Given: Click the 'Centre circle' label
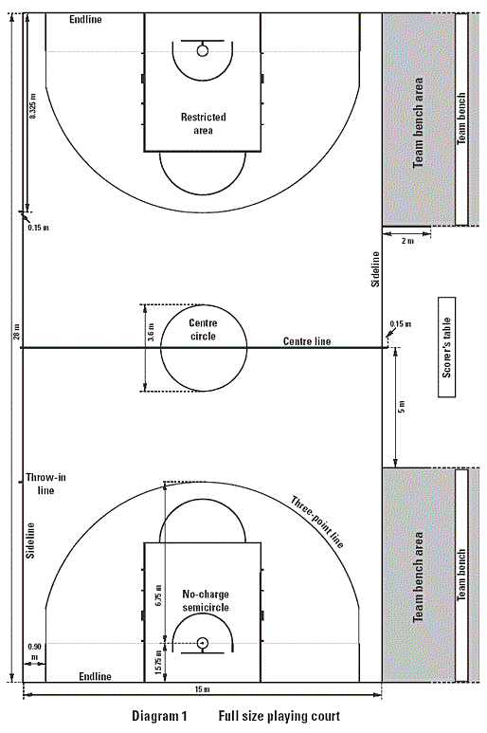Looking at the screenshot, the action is [x=203, y=330].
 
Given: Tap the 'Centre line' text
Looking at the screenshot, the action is [x=307, y=341].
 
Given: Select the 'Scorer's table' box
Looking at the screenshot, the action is [x=447, y=347].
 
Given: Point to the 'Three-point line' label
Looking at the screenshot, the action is [x=317, y=522].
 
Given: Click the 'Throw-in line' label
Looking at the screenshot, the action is [x=45, y=484].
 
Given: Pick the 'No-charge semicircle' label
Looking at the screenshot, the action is [x=206, y=600].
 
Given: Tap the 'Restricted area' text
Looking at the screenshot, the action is [x=203, y=123].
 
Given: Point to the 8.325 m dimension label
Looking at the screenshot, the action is [x=33, y=105].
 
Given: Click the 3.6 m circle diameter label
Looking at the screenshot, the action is [x=151, y=332].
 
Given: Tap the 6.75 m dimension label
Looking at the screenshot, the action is [x=158, y=594].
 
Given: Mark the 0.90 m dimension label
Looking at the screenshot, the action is [x=34, y=651].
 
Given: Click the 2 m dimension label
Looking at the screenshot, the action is [x=407, y=241].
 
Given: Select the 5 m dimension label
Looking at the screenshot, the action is [x=402, y=407].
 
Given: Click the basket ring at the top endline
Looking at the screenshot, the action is [x=202, y=50].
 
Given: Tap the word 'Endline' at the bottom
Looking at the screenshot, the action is [x=96, y=676].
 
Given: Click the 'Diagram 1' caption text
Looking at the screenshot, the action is [x=159, y=716].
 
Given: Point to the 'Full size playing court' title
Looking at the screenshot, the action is [x=280, y=716].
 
